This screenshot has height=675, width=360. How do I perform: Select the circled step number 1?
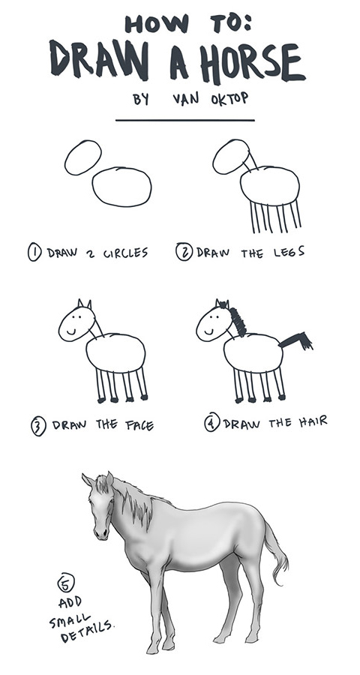coord(34,252)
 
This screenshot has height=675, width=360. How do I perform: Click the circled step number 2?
coord(184,251)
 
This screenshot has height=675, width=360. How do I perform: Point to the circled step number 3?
coord(38,427)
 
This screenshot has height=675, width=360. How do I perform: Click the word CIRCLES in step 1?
coord(126,253)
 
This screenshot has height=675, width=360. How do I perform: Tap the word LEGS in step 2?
coord(289,252)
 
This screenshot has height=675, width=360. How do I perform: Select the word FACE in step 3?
coord(139,425)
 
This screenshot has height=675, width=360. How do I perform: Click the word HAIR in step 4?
coord(313,421)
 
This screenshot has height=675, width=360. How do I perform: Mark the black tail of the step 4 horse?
coord(297,340)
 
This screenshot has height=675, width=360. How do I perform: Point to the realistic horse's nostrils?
coord(100,534)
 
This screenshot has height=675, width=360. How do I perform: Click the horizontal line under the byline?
coord(185,121)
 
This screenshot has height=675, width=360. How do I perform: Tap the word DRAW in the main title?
coord(99,60)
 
